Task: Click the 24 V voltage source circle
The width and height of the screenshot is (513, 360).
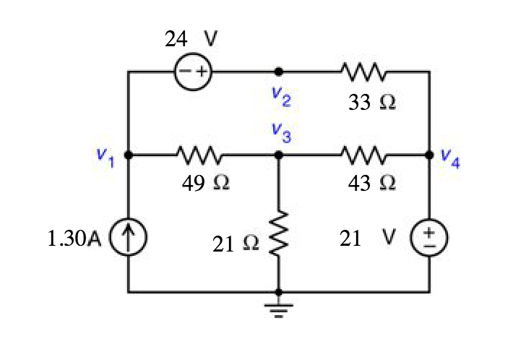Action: pyautogui.click(x=192, y=72)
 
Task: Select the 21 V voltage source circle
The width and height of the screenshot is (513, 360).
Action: pyautogui.click(x=430, y=239)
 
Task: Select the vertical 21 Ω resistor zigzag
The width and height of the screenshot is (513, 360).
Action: pyautogui.click(x=279, y=235)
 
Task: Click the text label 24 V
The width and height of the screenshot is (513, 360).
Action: pyautogui.click(x=191, y=40)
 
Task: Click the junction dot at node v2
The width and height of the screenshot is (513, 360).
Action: pyautogui.click(x=279, y=72)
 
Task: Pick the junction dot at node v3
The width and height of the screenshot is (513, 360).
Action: pyautogui.click(x=279, y=155)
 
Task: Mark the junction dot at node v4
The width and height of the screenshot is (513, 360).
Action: pyautogui.click(x=430, y=155)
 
